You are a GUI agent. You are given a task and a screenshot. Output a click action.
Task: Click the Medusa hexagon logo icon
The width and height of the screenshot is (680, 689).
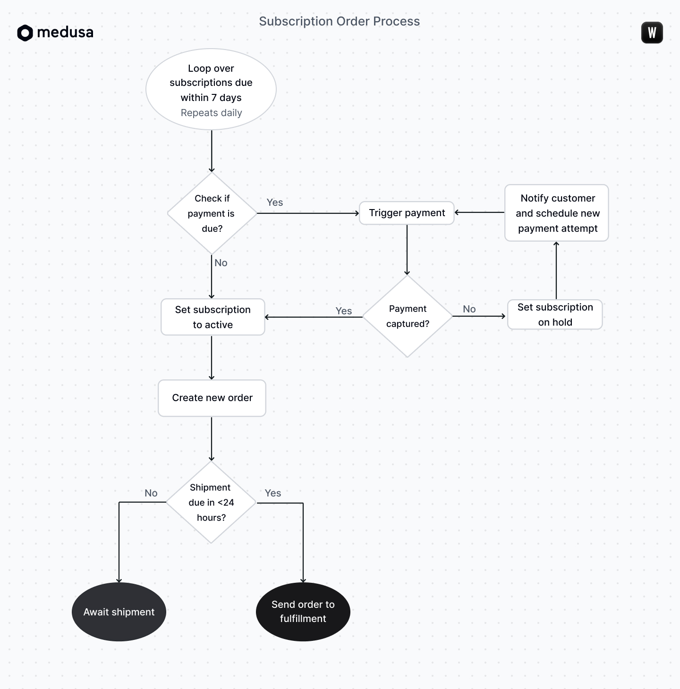click(25, 33)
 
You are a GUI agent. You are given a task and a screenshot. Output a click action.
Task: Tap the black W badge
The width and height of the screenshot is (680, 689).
click(652, 33)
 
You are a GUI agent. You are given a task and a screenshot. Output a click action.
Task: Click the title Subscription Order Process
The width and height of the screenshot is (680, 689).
click(339, 21)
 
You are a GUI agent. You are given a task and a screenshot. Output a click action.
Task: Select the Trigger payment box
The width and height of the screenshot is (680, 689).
click(407, 213)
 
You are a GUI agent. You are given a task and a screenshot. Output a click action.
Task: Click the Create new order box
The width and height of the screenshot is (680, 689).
click(212, 398)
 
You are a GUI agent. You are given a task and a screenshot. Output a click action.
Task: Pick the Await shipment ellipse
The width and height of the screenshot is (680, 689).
click(119, 612)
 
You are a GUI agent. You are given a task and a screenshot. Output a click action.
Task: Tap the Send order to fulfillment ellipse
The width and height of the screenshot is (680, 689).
click(303, 612)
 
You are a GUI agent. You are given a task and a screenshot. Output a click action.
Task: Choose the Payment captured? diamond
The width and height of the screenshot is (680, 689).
click(407, 316)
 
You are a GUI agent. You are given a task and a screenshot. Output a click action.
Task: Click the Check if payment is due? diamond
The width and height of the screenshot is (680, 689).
click(212, 213)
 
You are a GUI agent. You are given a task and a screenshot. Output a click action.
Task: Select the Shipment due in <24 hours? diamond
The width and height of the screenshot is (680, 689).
click(211, 503)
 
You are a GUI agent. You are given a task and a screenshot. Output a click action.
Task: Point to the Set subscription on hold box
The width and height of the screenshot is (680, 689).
click(555, 314)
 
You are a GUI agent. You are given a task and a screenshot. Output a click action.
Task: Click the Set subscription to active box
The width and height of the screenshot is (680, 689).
click(212, 317)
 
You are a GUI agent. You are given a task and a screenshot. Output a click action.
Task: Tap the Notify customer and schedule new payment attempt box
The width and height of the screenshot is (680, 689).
click(557, 213)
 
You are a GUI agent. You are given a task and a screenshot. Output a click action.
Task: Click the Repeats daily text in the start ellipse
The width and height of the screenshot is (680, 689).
click(211, 113)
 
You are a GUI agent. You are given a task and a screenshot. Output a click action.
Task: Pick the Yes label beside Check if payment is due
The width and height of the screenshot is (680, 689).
click(274, 202)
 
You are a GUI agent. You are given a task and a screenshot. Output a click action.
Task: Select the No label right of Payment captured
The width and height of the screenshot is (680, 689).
click(469, 309)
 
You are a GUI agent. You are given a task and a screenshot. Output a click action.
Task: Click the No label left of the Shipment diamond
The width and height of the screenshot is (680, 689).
click(151, 493)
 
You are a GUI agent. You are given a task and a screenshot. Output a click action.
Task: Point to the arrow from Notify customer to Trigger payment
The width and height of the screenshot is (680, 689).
click(480, 212)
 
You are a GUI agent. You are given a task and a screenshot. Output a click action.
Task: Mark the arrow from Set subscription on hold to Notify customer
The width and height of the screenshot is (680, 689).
click(556, 271)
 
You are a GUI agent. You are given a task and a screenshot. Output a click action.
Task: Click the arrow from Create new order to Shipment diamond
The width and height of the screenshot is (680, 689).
click(212, 439)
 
